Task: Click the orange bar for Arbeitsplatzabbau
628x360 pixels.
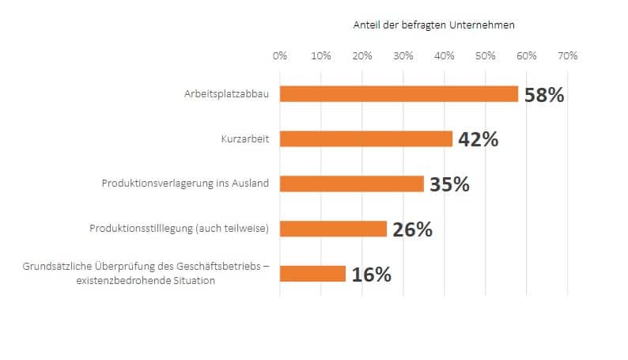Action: tap(399, 94)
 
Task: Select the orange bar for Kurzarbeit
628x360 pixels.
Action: tap(365, 139)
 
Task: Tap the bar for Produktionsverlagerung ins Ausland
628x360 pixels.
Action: tap(351, 184)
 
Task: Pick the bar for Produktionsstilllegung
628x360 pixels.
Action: tap(333, 229)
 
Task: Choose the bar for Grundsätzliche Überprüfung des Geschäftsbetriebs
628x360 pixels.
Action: tap(312, 274)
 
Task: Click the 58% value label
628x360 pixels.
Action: tap(544, 96)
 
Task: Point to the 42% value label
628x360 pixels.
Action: tap(479, 140)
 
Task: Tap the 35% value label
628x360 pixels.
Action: tap(449, 185)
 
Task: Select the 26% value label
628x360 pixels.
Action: tap(412, 230)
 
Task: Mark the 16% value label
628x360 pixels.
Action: tap(372, 275)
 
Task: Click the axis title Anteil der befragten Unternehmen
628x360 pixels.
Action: tap(433, 25)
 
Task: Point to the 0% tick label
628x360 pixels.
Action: tap(280, 56)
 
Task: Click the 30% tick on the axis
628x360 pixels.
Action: tap(403, 56)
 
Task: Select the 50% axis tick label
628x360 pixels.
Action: tap(486, 56)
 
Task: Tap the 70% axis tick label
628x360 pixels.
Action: tap(568, 56)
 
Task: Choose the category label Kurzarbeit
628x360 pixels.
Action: tap(245, 139)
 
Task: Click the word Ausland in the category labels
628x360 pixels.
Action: tap(251, 184)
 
